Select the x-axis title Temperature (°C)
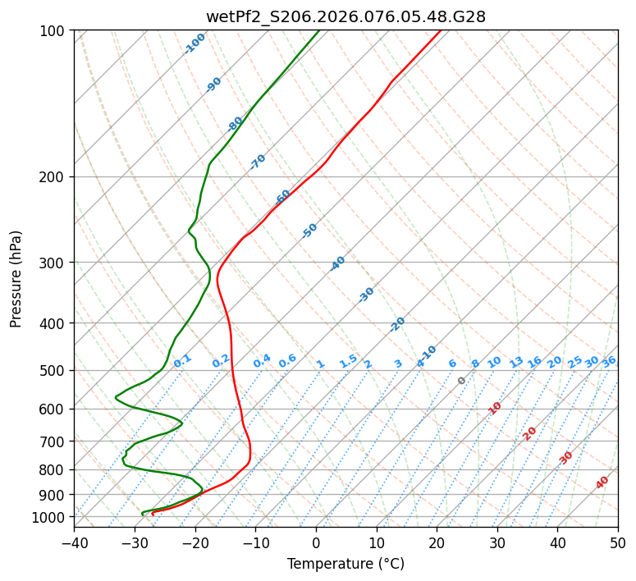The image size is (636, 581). pos(345,565)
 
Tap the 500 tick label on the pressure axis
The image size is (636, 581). pos(54,371)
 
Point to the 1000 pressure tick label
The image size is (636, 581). pos(51,518)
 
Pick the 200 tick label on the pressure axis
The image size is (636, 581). pos(54,177)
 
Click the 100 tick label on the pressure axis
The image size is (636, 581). pos(54,31)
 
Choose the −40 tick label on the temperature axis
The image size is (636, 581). pos(74,542)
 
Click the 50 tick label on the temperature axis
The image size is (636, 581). pos(618,542)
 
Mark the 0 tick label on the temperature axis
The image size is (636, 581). pos(316,542)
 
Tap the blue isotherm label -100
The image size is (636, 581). pos(194,43)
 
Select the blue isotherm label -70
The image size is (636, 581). pos(258,162)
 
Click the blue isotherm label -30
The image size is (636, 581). pos(366,295)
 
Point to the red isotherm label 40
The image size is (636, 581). pos(602,483)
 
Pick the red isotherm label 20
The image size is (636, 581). pos(529,432)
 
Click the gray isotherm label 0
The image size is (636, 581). pos(462,381)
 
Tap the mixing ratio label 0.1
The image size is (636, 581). pos(182,360)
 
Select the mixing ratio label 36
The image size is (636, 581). pos(609,361)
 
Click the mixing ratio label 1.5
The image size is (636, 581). pos(348,360)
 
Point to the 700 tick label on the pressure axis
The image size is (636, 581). pos(54,441)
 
